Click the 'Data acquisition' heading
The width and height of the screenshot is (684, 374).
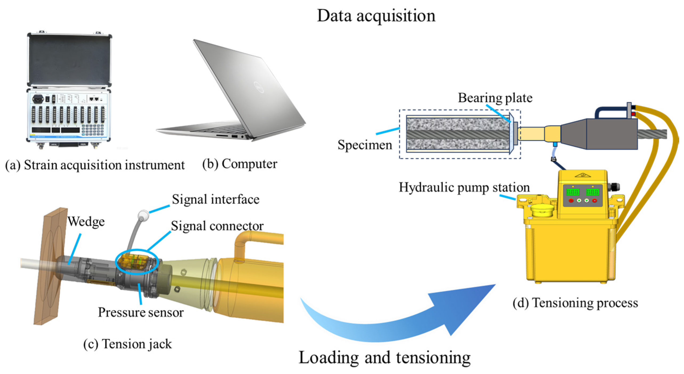376,16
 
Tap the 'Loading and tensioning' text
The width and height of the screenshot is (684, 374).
385,357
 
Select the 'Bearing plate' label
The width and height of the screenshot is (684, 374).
495,98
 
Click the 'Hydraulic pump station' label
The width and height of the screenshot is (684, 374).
464,188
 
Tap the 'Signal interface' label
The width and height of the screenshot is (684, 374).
216,199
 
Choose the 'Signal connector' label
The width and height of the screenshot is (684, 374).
217,226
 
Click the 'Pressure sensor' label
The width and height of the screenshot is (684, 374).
141,312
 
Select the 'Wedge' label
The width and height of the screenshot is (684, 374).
86,221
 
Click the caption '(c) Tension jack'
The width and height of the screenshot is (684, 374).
127,344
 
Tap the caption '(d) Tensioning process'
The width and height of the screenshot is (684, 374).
575,303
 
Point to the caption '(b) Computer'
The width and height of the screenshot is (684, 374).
240,164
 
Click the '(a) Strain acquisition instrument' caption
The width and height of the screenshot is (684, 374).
95,165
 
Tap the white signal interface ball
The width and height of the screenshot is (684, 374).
143,215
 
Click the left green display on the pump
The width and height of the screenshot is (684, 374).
573,192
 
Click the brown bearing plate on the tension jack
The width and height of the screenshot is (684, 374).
51,266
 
